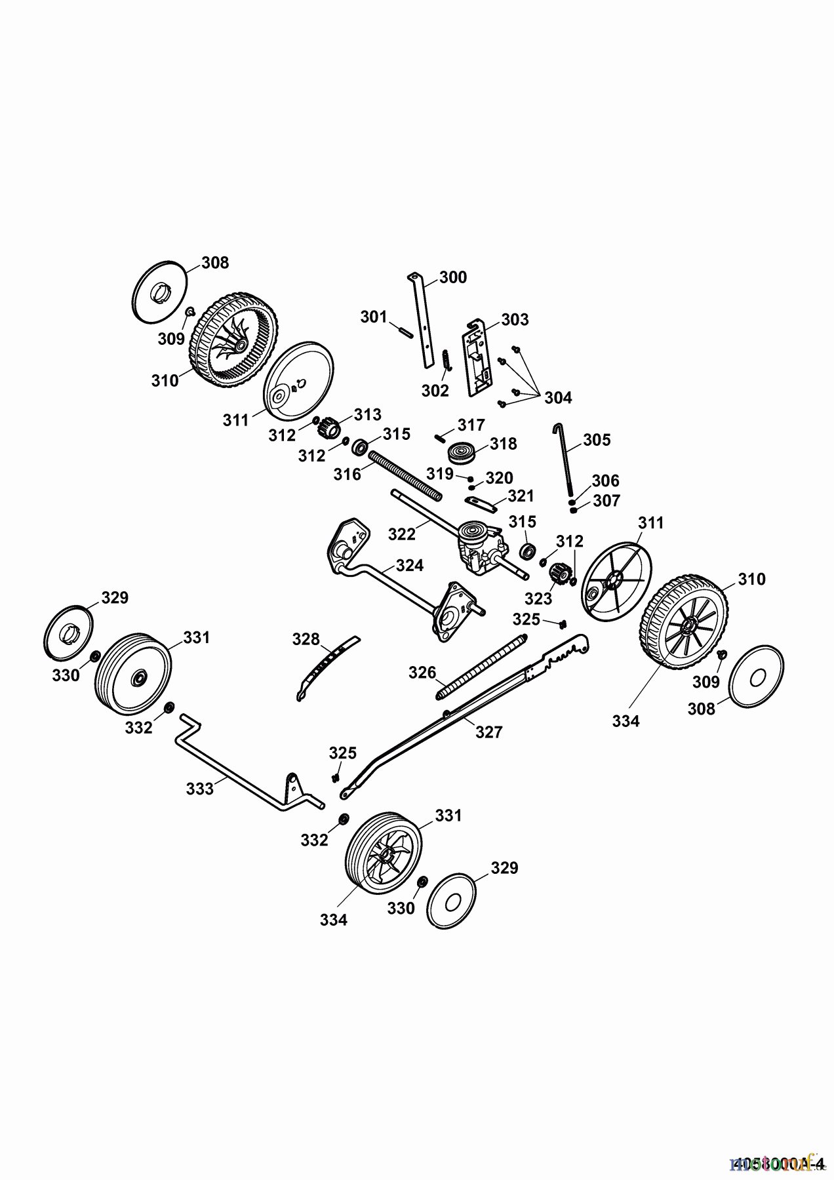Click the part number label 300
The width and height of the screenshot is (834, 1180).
(x=453, y=277)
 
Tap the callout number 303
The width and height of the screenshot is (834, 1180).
(x=515, y=319)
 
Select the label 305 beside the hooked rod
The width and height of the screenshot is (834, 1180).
(x=597, y=439)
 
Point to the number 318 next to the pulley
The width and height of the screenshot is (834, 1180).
(x=504, y=444)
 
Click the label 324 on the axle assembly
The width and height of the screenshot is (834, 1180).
(x=410, y=565)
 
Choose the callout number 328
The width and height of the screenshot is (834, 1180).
(x=306, y=639)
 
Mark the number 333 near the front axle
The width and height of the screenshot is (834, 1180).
(x=200, y=789)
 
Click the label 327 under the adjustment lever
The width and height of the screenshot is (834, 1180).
(x=488, y=732)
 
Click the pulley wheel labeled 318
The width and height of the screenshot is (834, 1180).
(x=461, y=454)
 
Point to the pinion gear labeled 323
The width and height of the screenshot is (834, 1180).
(x=557, y=575)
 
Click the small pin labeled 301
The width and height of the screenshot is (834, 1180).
(x=403, y=330)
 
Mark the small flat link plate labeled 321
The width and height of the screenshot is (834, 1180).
(x=479, y=501)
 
